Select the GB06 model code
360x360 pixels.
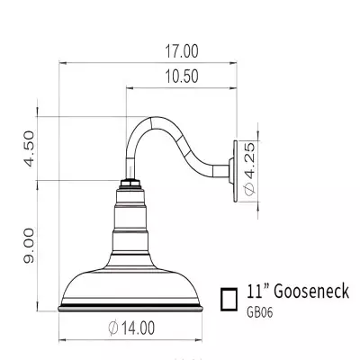coord(261,314)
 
